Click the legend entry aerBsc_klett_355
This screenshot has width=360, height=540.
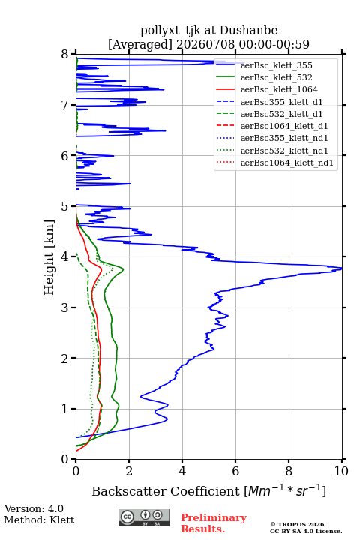(x=276, y=65)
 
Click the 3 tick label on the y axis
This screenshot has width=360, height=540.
(x=64, y=307)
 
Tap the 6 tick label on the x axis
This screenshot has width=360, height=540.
(x=235, y=471)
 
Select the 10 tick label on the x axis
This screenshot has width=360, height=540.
(x=341, y=471)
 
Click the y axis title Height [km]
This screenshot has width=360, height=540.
(x=49, y=257)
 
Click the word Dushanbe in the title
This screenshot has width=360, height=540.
(x=248, y=31)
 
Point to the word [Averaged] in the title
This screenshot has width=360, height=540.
(x=139, y=44)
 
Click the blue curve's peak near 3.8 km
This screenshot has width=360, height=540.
(x=341, y=268)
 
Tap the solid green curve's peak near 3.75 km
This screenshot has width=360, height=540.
(x=123, y=269)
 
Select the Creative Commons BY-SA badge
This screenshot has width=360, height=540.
(x=144, y=517)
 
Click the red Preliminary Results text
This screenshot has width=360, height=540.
(x=214, y=523)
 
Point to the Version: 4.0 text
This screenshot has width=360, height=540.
(x=34, y=508)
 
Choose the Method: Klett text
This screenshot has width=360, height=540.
(x=39, y=520)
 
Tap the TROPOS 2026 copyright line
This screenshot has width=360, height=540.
(x=298, y=524)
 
